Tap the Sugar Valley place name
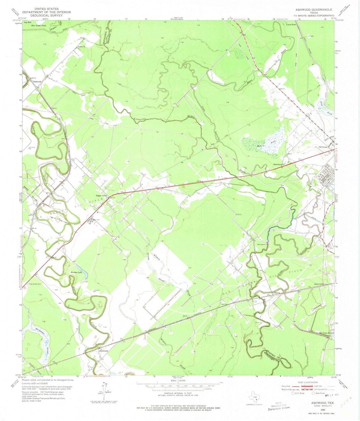pos(100,196)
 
